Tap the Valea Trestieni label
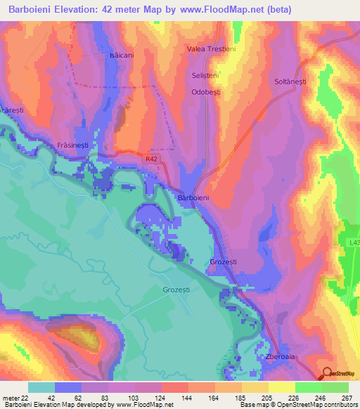pos(211,49)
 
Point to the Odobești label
pos(207,92)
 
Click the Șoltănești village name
pos(291,82)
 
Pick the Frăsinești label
pos(73,145)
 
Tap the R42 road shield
pos(152,160)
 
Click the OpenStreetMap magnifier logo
pos(328,374)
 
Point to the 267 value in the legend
pos(348,396)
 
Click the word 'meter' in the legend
pos(11,396)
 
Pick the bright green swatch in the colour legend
pos(308,387)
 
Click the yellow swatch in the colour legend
pos(281,387)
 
